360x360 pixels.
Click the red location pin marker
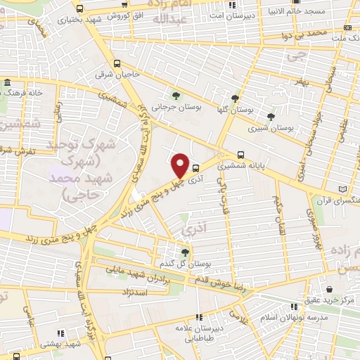pyautogui.click(x=180, y=166)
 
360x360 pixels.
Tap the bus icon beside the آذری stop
pyautogui.click(x=195, y=168)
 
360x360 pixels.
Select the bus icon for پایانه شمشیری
pyautogui.click(x=241, y=155)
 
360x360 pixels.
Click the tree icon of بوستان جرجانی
pyautogui.click(x=175, y=96)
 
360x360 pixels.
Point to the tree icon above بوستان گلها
pyautogui.click(x=235, y=98)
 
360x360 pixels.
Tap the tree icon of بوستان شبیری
pyautogui.click(x=271, y=117)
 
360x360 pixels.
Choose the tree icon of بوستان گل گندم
pyautogui.click(x=186, y=252)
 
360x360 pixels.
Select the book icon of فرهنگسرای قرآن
pyautogui.click(x=342, y=189)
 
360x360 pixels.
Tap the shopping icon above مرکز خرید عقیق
pyautogui.click(x=329, y=289)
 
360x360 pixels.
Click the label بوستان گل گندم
pyautogui.click(x=186, y=264)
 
